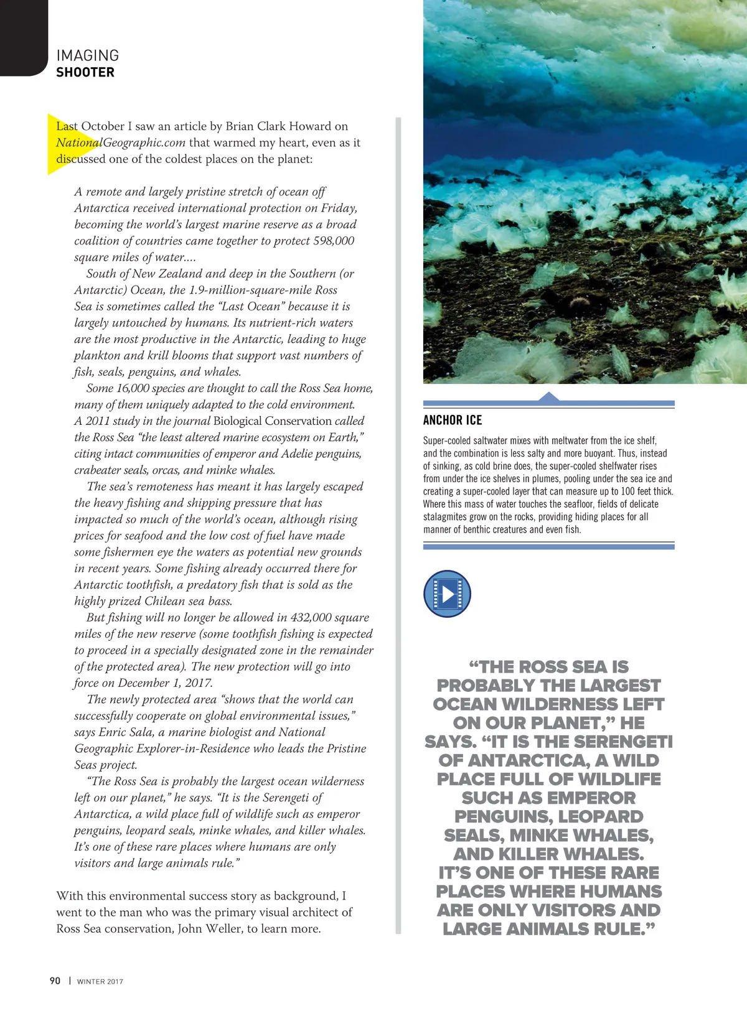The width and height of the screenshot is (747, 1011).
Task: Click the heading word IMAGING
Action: point(87,55)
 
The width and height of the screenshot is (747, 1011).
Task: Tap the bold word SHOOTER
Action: point(85,72)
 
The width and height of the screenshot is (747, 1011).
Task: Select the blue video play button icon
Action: point(447,594)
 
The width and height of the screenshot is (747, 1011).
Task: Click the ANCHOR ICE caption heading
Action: point(453,420)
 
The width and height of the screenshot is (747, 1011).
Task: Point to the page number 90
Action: point(55,981)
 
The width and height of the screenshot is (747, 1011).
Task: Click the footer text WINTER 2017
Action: point(100,981)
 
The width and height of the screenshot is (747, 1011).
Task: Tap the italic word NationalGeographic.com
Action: point(121,142)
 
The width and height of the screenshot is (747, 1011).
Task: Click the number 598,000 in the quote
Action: point(333,241)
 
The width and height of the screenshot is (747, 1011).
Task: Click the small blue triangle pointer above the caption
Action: point(548,396)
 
